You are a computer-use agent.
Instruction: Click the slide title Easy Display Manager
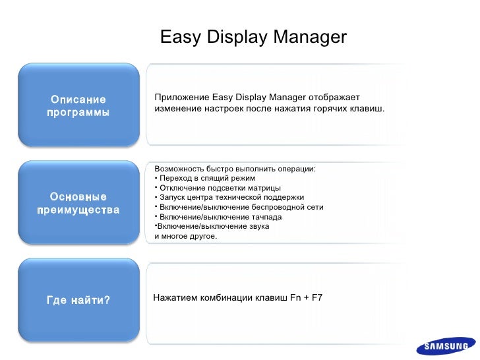click(x=253, y=36)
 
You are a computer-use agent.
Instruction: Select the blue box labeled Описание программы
click(x=78, y=105)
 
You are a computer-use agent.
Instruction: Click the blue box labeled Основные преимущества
click(x=78, y=203)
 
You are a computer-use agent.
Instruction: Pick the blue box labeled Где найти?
click(x=78, y=301)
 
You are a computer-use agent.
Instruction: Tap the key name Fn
click(x=296, y=297)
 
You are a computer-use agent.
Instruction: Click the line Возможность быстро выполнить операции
click(x=235, y=169)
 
